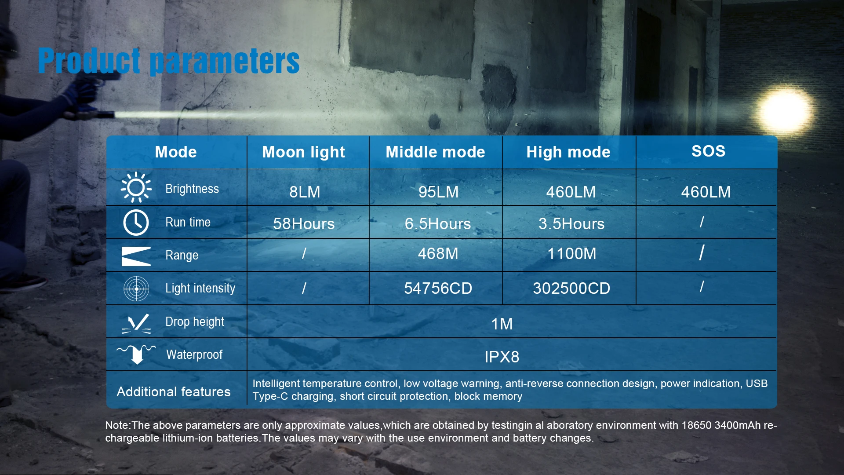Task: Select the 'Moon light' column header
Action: (x=304, y=152)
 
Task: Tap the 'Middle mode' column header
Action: (x=435, y=152)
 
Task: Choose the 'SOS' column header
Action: (x=708, y=151)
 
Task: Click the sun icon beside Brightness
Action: (x=136, y=187)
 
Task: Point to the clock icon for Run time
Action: (x=136, y=223)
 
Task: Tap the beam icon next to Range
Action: (x=136, y=256)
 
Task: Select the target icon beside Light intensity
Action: (x=136, y=289)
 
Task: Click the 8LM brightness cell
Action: (x=305, y=192)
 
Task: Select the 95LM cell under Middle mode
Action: (x=438, y=192)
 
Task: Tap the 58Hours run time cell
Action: (x=304, y=224)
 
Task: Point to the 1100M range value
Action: (x=571, y=254)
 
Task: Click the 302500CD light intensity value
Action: (x=571, y=289)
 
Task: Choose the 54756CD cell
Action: (x=438, y=289)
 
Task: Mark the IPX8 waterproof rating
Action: (x=502, y=357)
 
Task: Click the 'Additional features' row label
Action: (x=174, y=391)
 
